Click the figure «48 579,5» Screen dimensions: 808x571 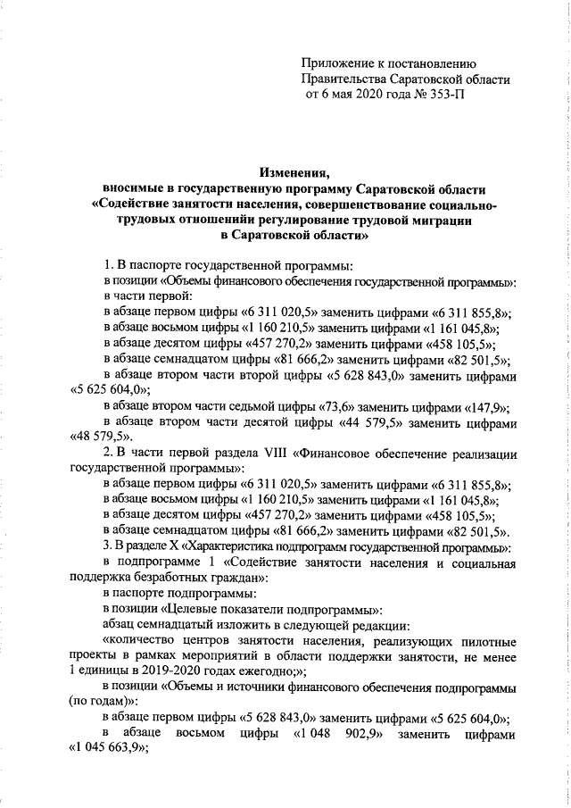[x=101, y=437]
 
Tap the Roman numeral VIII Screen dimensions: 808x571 [x=270, y=453]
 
